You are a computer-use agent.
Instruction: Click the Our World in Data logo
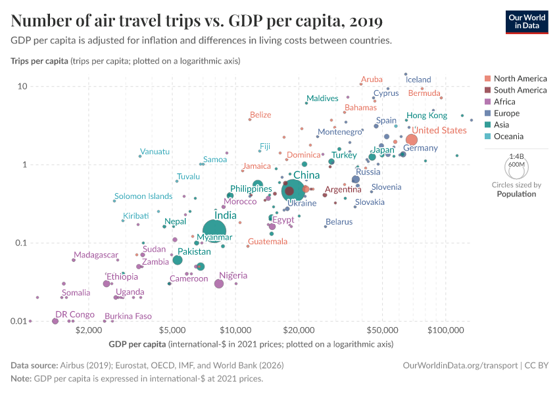coord(526,22)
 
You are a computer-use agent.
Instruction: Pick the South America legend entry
coord(520,90)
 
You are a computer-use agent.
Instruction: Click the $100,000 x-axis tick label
coord(446,330)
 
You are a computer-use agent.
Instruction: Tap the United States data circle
coord(412,140)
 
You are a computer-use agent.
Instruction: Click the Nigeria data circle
coord(219,284)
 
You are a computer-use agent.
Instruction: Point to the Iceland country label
coord(418,79)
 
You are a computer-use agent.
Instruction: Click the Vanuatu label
coord(155,152)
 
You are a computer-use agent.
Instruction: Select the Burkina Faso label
coord(128,316)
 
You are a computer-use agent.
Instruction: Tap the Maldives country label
coord(322,98)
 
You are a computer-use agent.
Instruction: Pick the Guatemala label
coord(268,242)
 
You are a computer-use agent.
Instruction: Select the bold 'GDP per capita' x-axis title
coord(136,344)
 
